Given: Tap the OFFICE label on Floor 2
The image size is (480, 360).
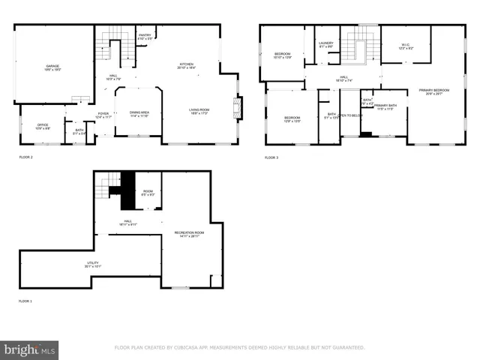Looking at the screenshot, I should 43,126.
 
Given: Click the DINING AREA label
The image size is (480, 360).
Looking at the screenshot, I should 139,113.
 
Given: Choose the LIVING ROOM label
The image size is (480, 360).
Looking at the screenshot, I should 199,112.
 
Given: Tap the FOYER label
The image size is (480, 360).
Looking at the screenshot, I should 102,115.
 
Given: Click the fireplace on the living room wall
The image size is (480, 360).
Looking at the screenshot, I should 238,108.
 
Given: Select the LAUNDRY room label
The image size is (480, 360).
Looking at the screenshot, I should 325,44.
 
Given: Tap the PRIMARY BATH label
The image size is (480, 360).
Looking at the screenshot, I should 385,107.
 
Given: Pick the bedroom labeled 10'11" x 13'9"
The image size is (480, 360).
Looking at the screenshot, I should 282,55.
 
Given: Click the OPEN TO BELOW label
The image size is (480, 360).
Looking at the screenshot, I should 350,115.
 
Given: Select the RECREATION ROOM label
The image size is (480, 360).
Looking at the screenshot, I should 189,234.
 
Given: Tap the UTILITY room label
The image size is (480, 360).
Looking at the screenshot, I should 93,264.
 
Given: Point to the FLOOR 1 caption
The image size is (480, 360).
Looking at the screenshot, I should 25,301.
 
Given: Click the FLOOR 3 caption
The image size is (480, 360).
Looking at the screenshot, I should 271,157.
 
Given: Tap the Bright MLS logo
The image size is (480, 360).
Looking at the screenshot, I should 29,349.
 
